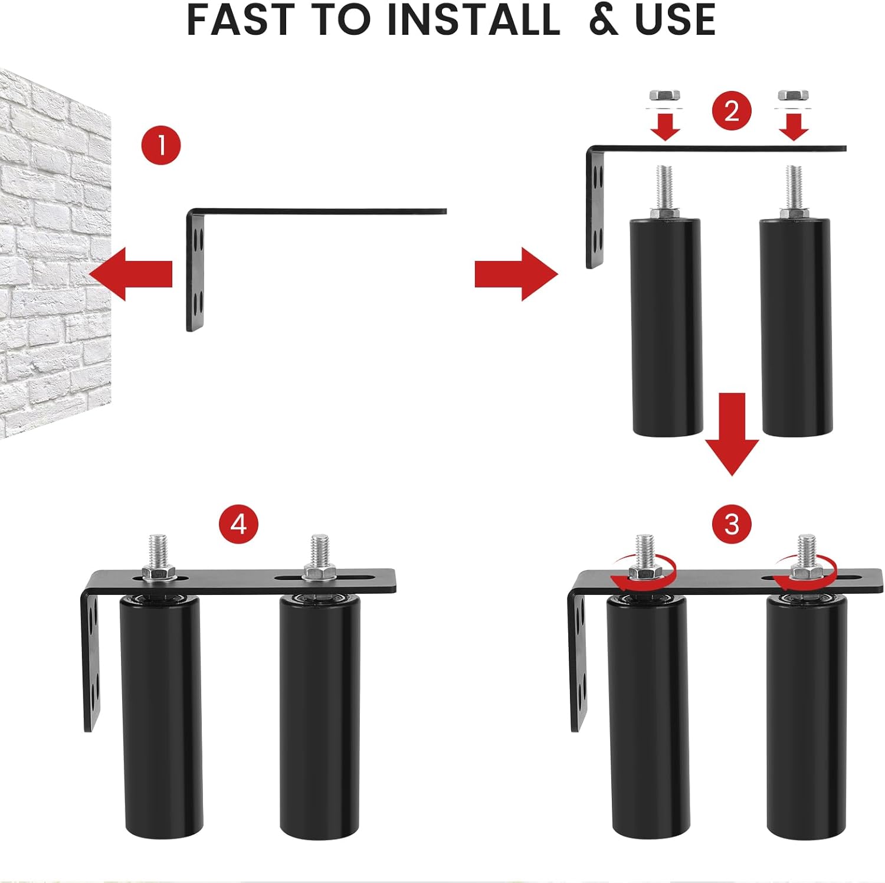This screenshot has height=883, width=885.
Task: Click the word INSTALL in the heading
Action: (473, 20)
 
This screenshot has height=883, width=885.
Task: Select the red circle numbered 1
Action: (161, 145)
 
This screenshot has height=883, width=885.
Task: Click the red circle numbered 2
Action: (731, 110)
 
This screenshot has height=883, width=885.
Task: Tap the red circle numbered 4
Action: (238, 524)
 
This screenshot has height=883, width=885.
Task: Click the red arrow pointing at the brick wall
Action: (131, 274)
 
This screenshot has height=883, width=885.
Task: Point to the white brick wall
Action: (53, 254)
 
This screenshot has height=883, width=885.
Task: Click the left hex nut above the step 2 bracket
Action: (664, 96)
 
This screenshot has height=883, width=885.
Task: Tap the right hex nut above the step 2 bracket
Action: (793, 96)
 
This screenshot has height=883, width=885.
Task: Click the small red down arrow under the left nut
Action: (665, 126)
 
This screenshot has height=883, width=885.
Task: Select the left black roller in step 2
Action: (667, 328)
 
